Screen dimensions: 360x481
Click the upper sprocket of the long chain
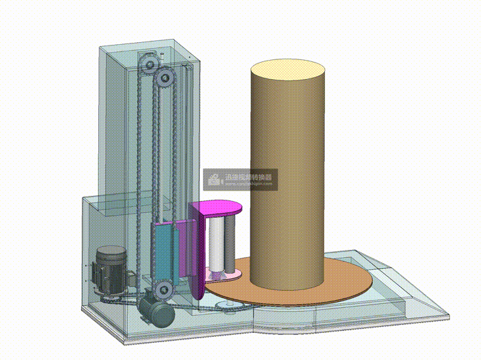(x=165, y=80)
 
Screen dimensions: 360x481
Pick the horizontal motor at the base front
(x=157, y=311)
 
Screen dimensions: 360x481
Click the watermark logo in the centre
(x=214, y=178)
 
